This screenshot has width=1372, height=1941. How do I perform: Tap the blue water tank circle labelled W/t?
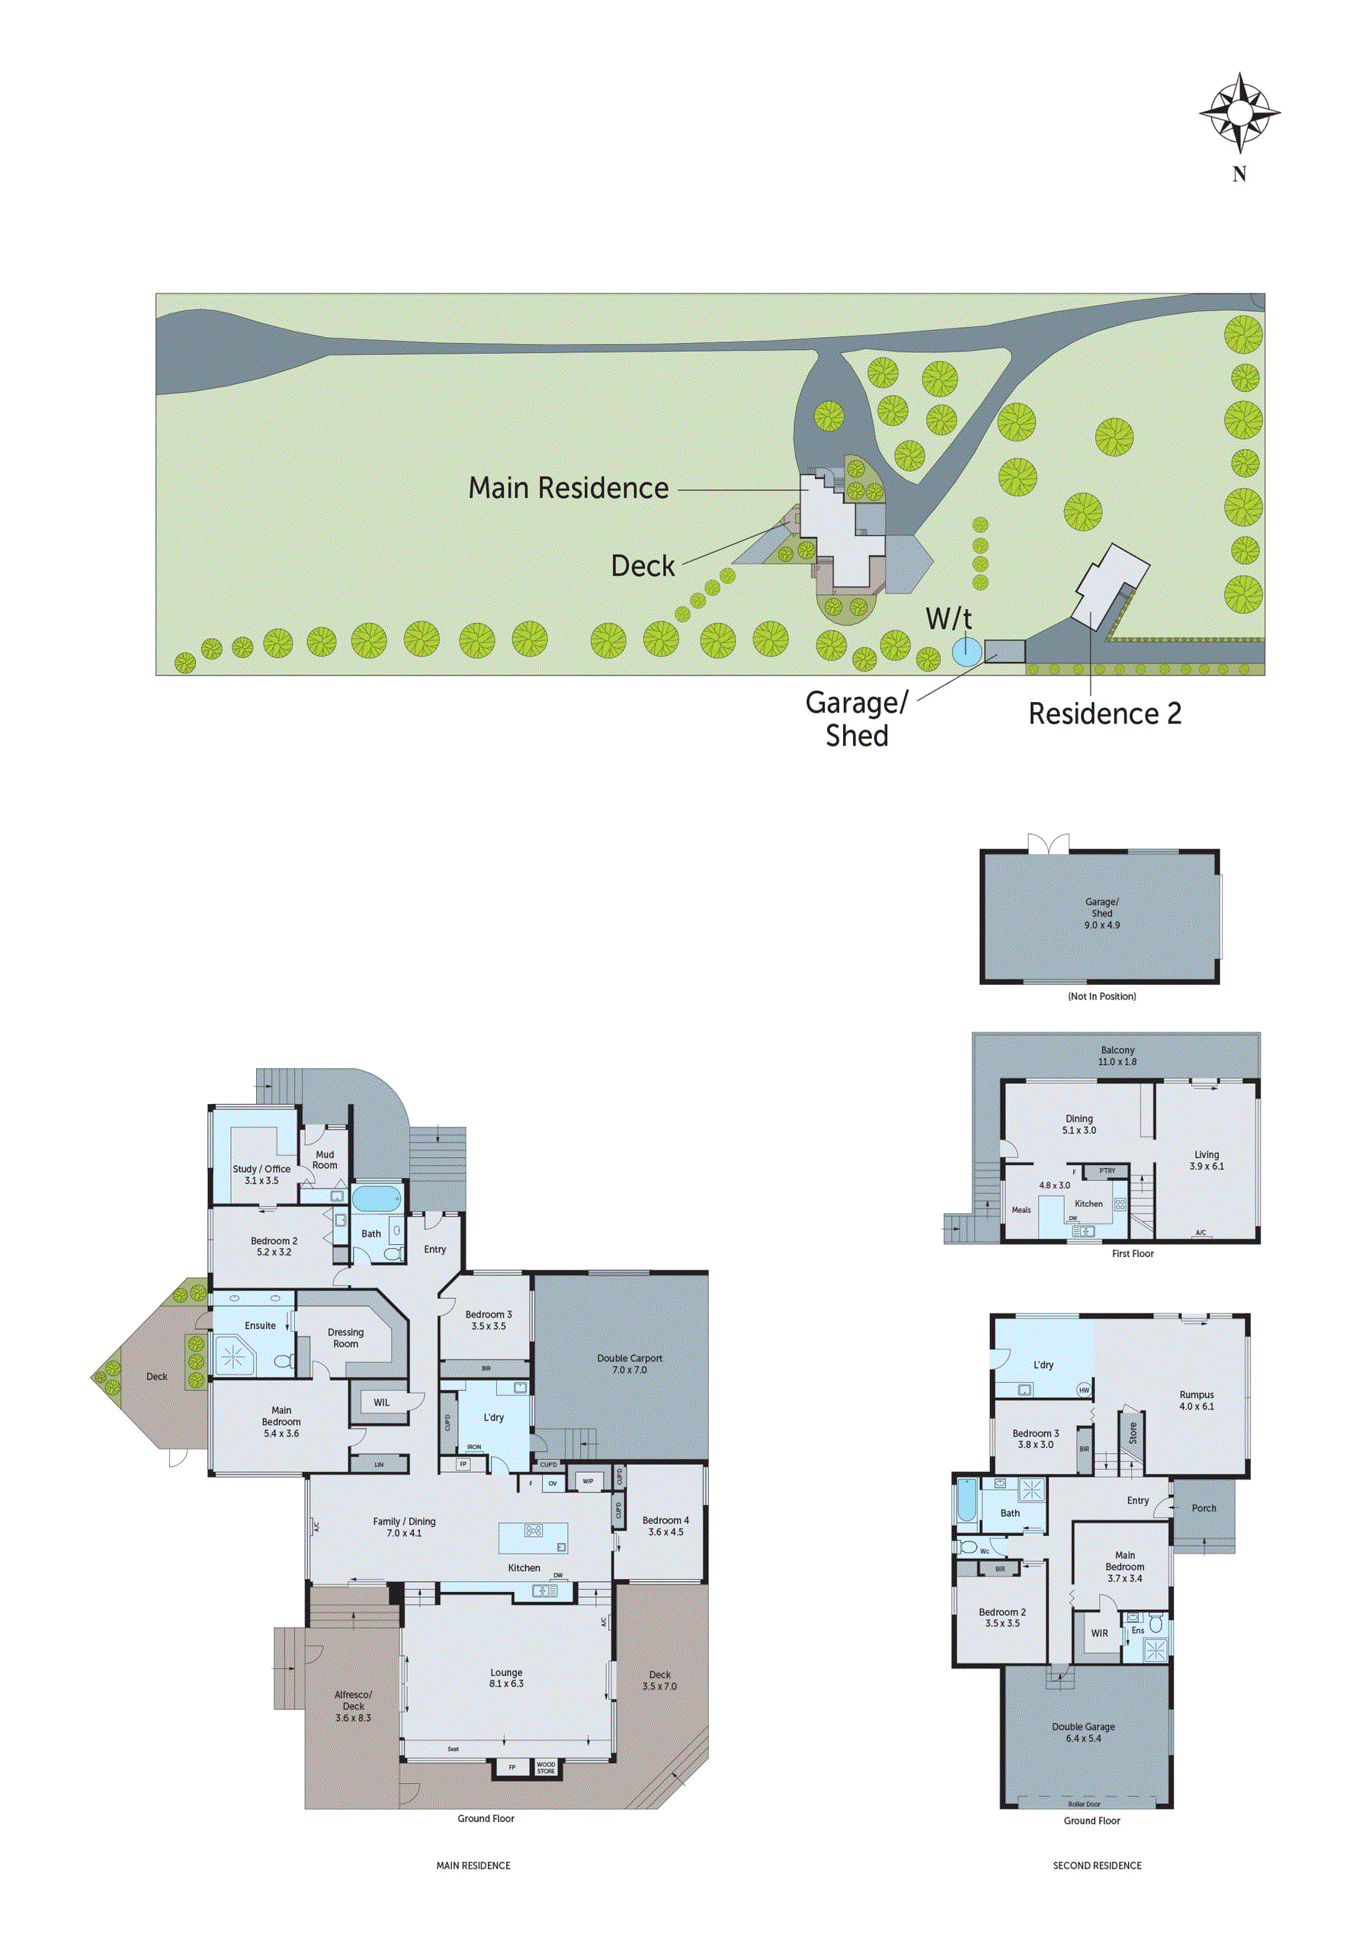pos(966,650)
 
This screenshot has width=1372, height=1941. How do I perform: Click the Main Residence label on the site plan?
pos(568,489)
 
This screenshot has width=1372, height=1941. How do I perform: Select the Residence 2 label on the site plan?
pos(1104,714)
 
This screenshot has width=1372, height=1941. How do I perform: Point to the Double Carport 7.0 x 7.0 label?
pos(630,1364)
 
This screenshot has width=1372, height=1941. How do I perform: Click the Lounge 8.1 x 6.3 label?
pos(506,1678)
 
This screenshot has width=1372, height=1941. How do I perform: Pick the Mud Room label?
pos(325,1159)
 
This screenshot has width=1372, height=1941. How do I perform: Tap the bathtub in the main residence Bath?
pos(377,1198)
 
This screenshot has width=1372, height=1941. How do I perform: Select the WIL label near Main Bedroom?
pos(381,1403)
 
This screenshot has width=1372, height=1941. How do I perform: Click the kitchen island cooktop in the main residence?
pos(534,1530)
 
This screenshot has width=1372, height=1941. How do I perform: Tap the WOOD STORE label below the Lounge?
pos(546,1767)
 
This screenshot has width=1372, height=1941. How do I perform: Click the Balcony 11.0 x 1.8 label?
pos(1117,1055)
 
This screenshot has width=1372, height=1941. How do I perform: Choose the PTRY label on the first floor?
pos(1108,1171)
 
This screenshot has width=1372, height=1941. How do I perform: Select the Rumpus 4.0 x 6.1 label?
pos(1196,1400)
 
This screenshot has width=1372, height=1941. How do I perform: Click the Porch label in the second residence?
pos(1204,1508)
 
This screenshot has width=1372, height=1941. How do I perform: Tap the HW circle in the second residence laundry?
pos(1084,1390)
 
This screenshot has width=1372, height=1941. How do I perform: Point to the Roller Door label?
pos(1084,1804)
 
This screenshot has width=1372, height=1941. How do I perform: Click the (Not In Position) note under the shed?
pos(1101,996)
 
